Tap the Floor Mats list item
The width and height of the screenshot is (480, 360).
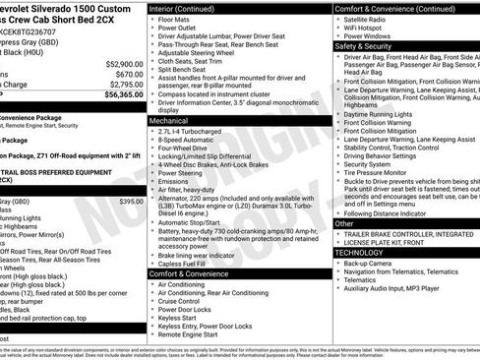177,19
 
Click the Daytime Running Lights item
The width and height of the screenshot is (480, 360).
384,114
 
